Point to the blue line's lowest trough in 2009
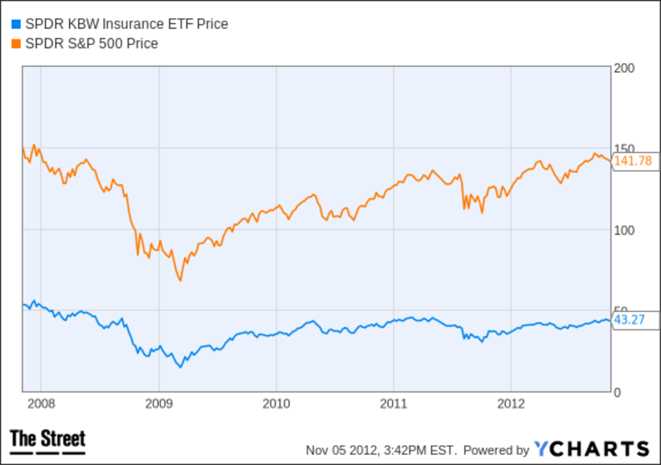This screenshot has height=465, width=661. [180, 367]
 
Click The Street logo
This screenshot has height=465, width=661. [48, 441]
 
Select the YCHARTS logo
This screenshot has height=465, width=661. [591, 449]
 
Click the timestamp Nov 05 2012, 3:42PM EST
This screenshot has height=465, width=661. [382, 450]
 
